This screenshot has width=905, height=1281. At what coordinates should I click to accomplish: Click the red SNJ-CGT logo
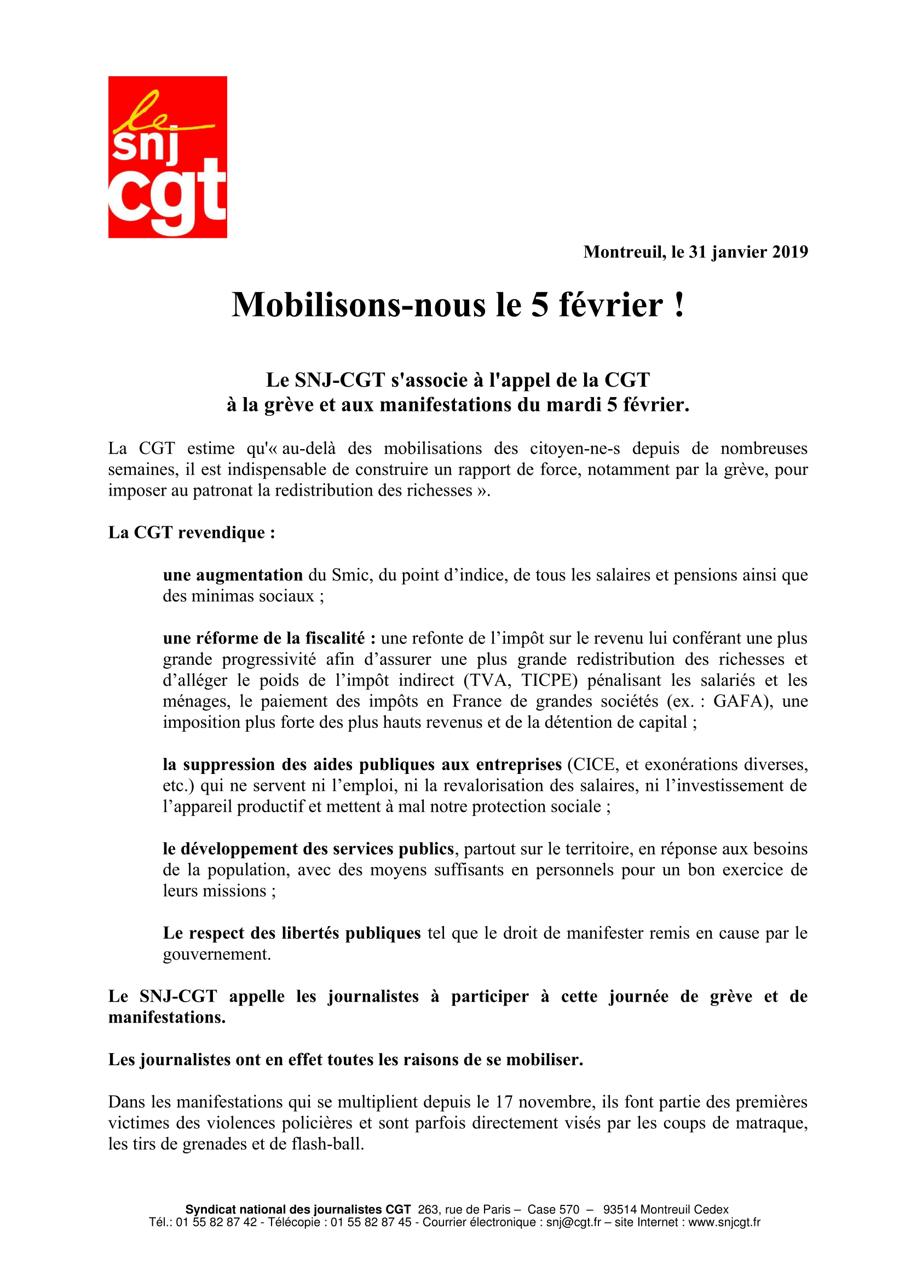(168, 157)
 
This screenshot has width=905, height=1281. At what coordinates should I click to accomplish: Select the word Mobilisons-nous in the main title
(359, 305)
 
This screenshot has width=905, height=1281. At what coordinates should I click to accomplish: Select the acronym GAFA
(742, 701)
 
